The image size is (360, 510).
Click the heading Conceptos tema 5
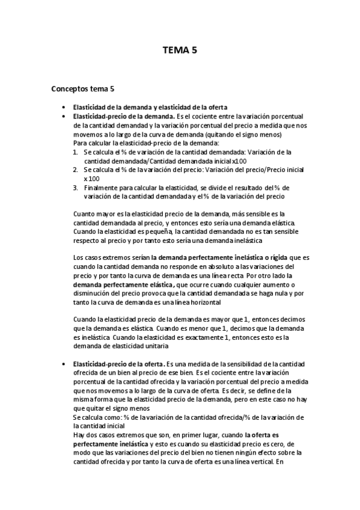click(82, 90)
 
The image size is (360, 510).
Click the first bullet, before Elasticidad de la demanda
click(63, 107)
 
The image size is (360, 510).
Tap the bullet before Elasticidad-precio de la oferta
click(63, 364)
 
